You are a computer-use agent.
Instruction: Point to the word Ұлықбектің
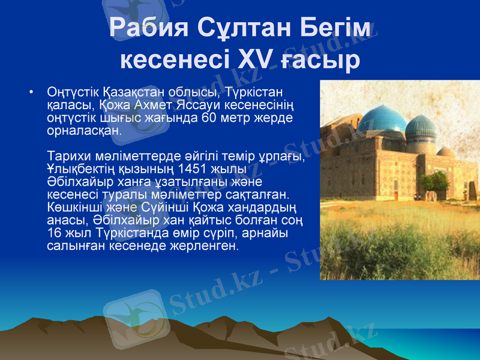tap(79, 169)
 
